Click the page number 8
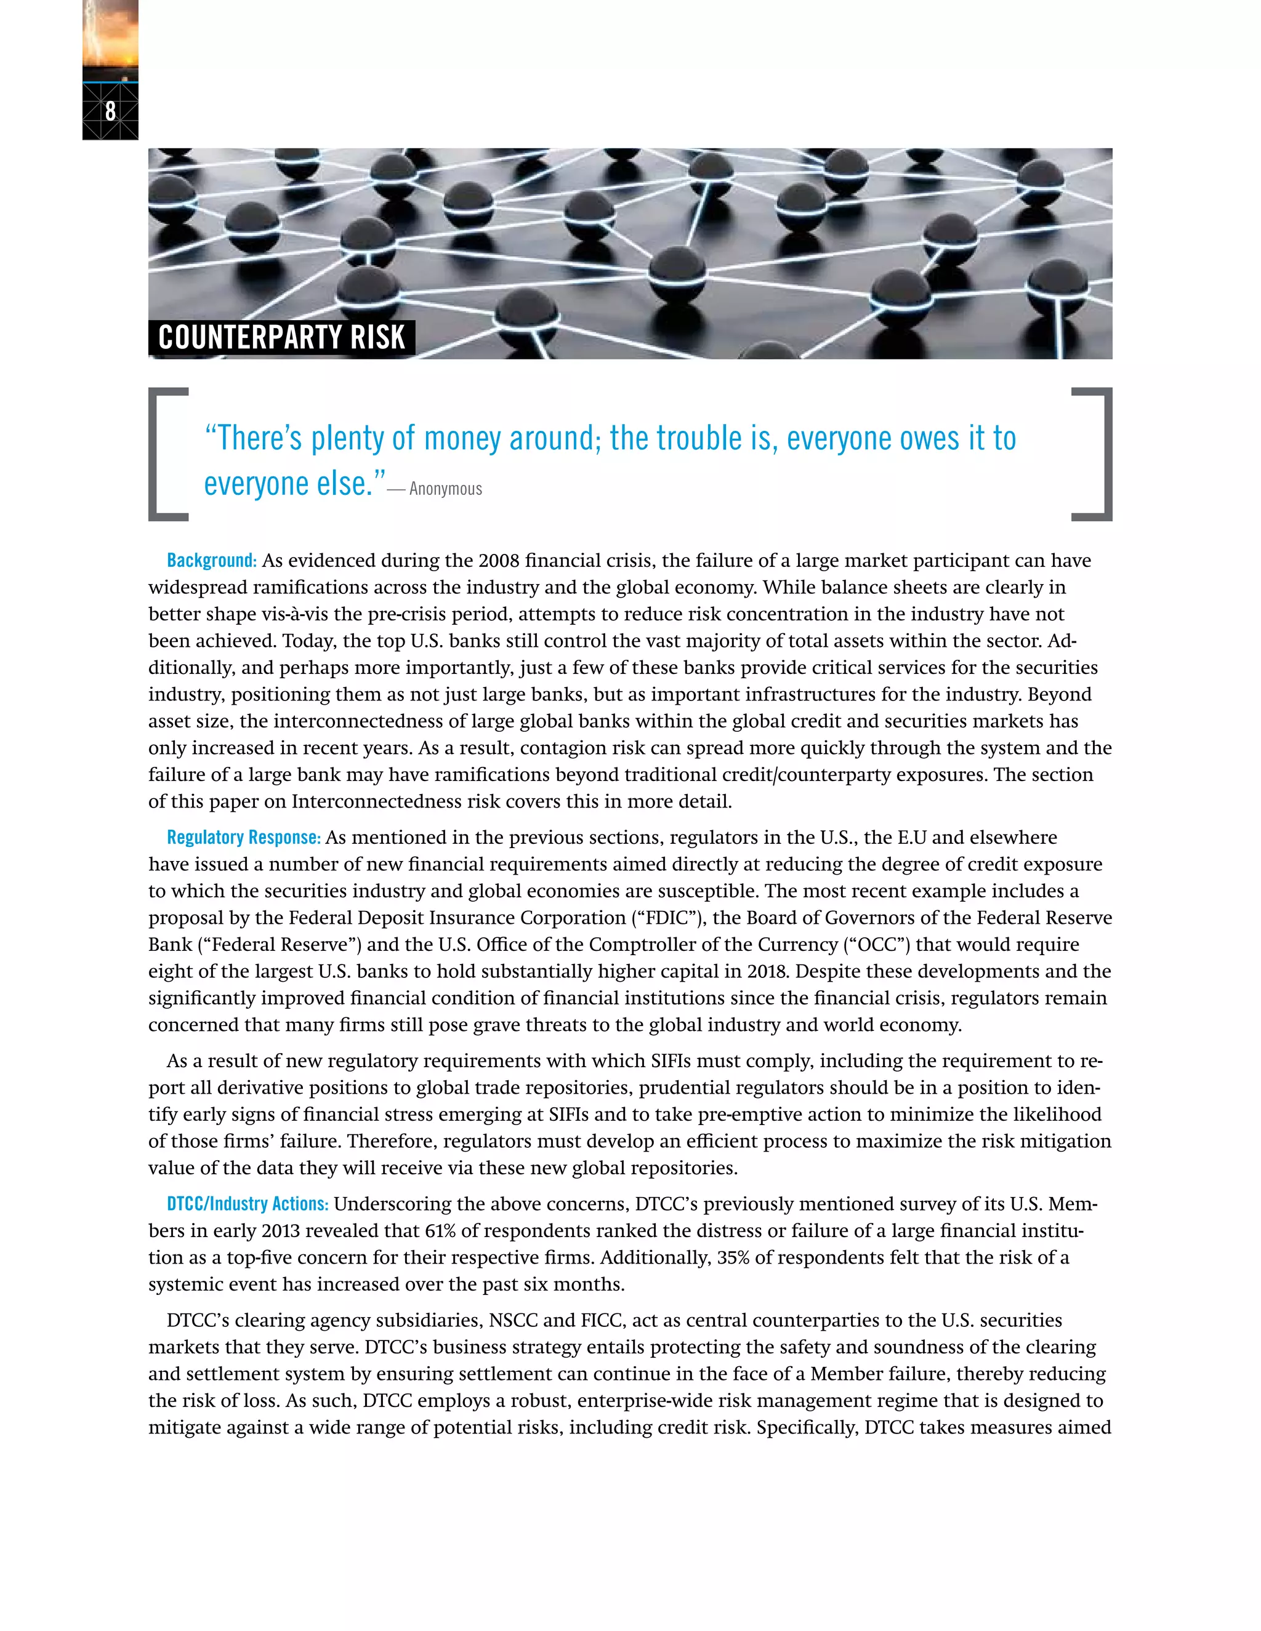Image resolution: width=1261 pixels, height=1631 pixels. coord(111,111)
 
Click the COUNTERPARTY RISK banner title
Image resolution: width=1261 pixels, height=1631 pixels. coord(281,337)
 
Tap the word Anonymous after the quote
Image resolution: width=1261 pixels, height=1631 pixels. coord(445,489)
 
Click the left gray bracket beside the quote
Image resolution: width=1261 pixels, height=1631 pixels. coord(158,454)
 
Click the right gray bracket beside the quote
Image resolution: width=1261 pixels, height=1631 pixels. coord(1101,454)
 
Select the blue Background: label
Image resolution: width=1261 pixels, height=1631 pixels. coord(211,561)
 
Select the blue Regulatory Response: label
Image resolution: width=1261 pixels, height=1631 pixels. coord(244,838)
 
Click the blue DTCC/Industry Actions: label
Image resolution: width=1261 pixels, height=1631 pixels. coord(248,1204)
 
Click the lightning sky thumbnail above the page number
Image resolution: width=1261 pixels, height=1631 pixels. coord(111,38)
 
